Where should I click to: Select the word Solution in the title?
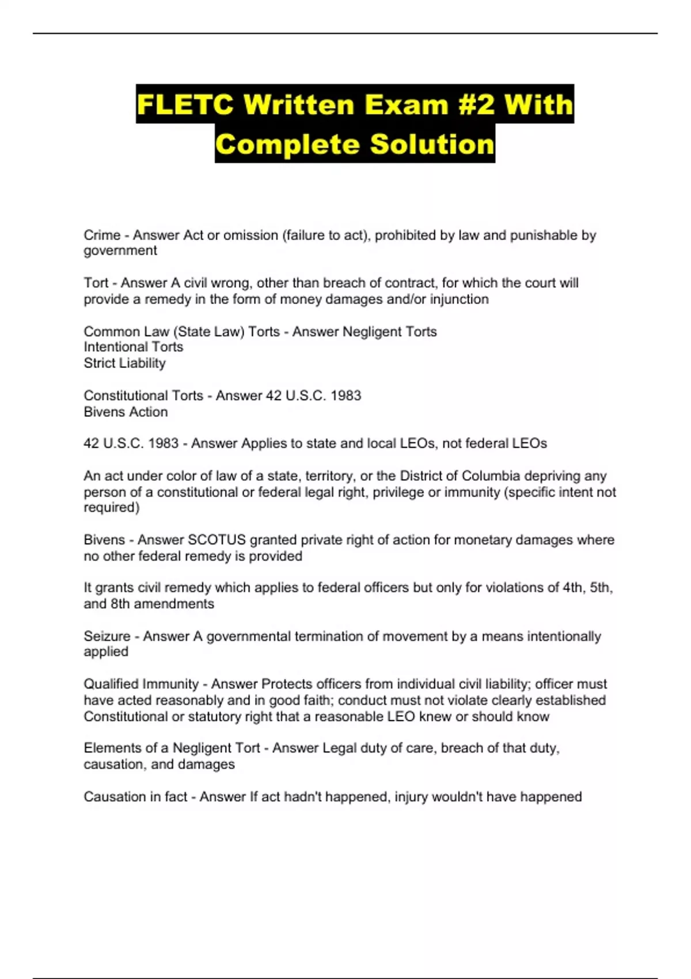432,144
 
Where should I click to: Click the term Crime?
102,235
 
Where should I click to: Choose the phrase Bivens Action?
126,412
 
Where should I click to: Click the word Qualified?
112,684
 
